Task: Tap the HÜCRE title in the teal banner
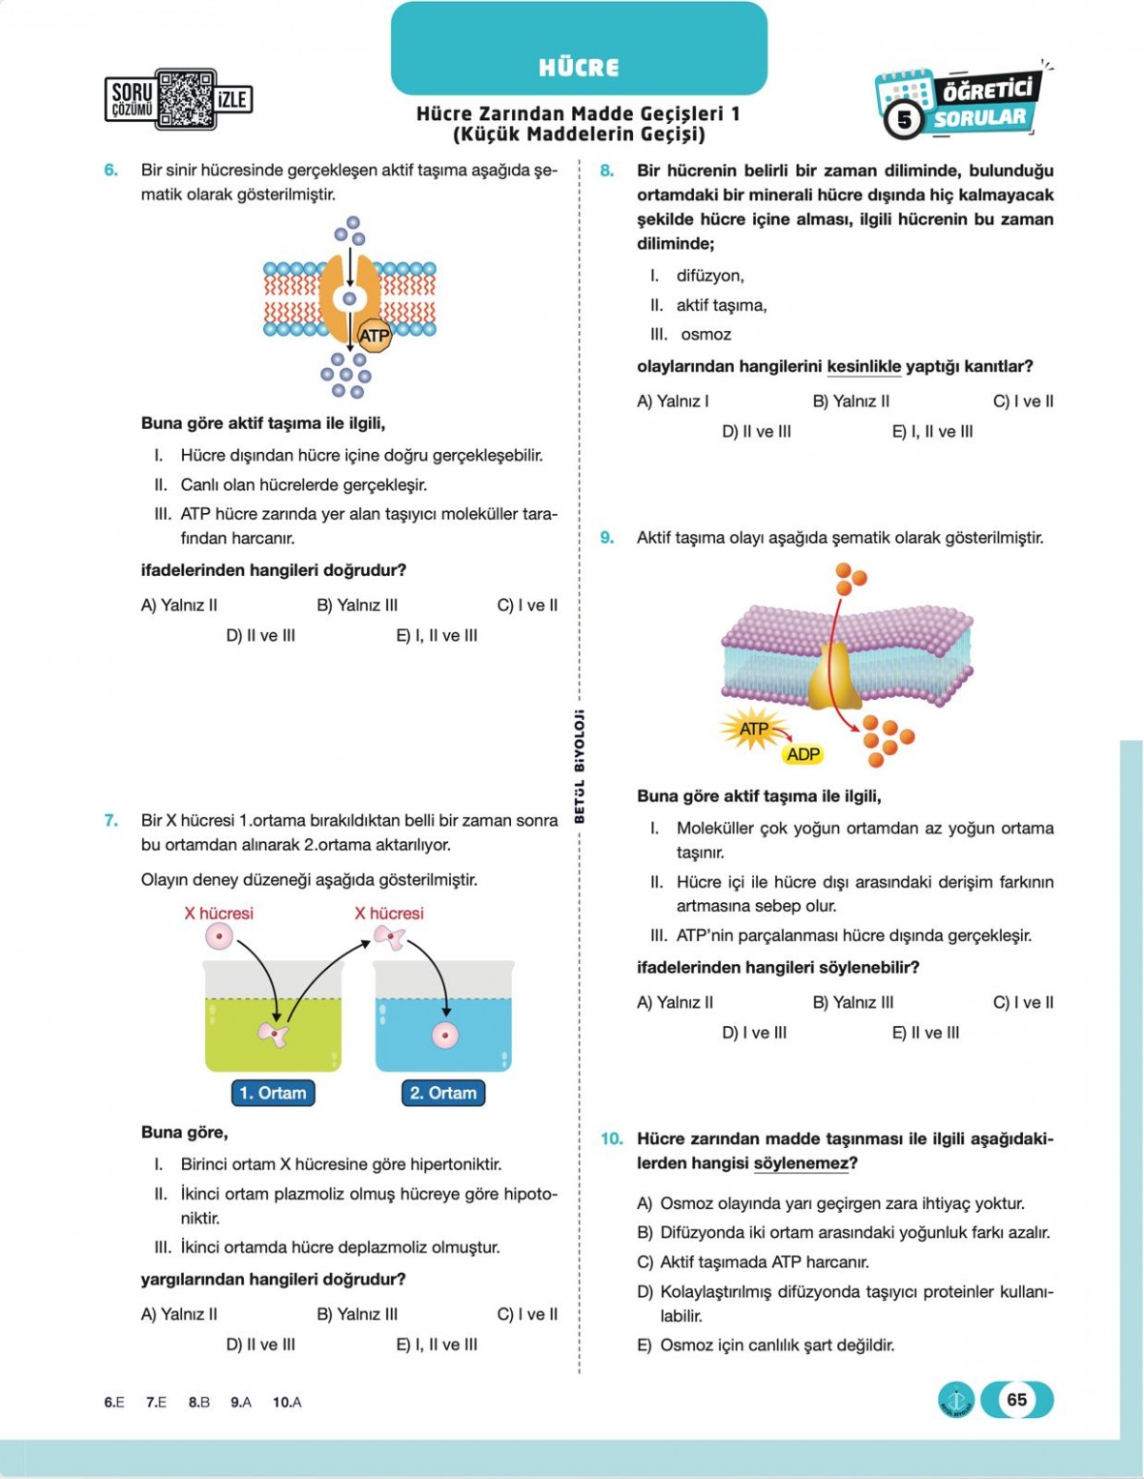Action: (579, 67)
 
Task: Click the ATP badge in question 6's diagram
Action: (374, 336)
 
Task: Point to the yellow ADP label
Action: (803, 754)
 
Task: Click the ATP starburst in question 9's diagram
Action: (753, 729)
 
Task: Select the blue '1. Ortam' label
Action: (273, 1093)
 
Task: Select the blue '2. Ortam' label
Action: (443, 1093)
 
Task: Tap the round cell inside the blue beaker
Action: (445, 1035)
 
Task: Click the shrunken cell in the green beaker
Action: (274, 1034)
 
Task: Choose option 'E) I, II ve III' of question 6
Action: (437, 635)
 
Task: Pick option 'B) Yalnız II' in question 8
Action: (850, 401)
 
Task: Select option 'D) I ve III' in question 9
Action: (754, 1032)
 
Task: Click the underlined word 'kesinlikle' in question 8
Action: (864, 366)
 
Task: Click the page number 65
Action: (1016, 1399)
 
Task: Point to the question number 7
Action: (111, 820)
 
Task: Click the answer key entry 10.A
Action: (287, 1402)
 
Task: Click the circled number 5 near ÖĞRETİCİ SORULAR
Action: (904, 120)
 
